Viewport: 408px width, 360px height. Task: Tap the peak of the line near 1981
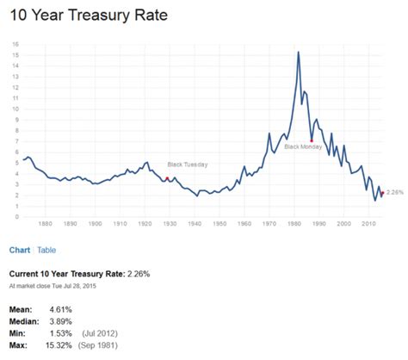(x=298, y=53)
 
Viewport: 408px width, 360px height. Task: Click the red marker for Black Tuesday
(x=167, y=178)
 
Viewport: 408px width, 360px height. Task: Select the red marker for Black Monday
(x=311, y=140)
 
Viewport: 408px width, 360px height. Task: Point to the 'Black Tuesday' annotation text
(x=187, y=164)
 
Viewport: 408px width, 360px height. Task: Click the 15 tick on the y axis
(x=16, y=54)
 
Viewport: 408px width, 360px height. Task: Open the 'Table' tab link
(x=46, y=251)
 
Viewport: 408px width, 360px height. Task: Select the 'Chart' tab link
(x=20, y=251)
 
